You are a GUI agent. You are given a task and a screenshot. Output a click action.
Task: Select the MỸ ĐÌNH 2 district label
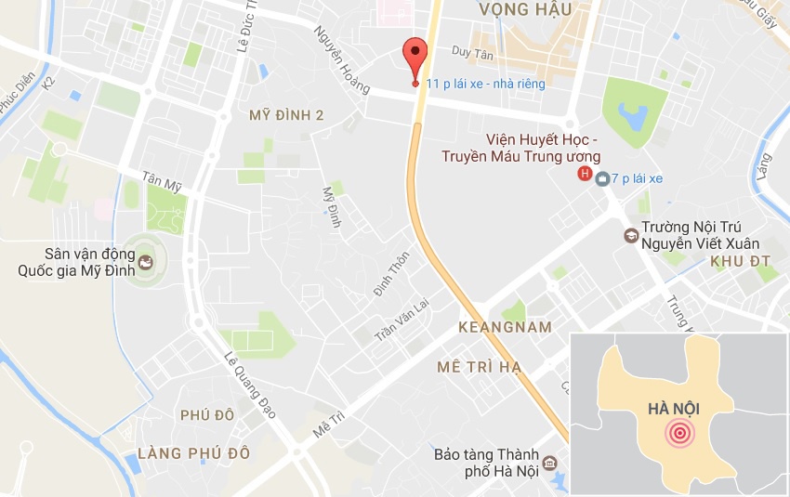pos(287,116)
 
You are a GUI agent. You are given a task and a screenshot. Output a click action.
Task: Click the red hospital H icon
pos(585,174)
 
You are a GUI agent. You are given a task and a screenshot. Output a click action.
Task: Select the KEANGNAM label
pos(506,327)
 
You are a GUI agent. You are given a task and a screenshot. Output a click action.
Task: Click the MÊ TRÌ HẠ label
pos(480,368)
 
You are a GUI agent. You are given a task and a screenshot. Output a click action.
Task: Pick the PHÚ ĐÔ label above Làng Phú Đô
pos(207,415)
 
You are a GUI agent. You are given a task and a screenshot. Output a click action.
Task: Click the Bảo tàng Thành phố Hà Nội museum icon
pos(550,463)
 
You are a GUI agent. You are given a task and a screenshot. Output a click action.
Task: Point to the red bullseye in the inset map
pos(679,433)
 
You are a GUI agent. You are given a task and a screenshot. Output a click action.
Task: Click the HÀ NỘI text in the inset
pos(675,408)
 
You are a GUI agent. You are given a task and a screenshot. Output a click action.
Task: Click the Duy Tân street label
pos(472,53)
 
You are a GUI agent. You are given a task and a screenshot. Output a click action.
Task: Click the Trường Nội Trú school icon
pos(631,235)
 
